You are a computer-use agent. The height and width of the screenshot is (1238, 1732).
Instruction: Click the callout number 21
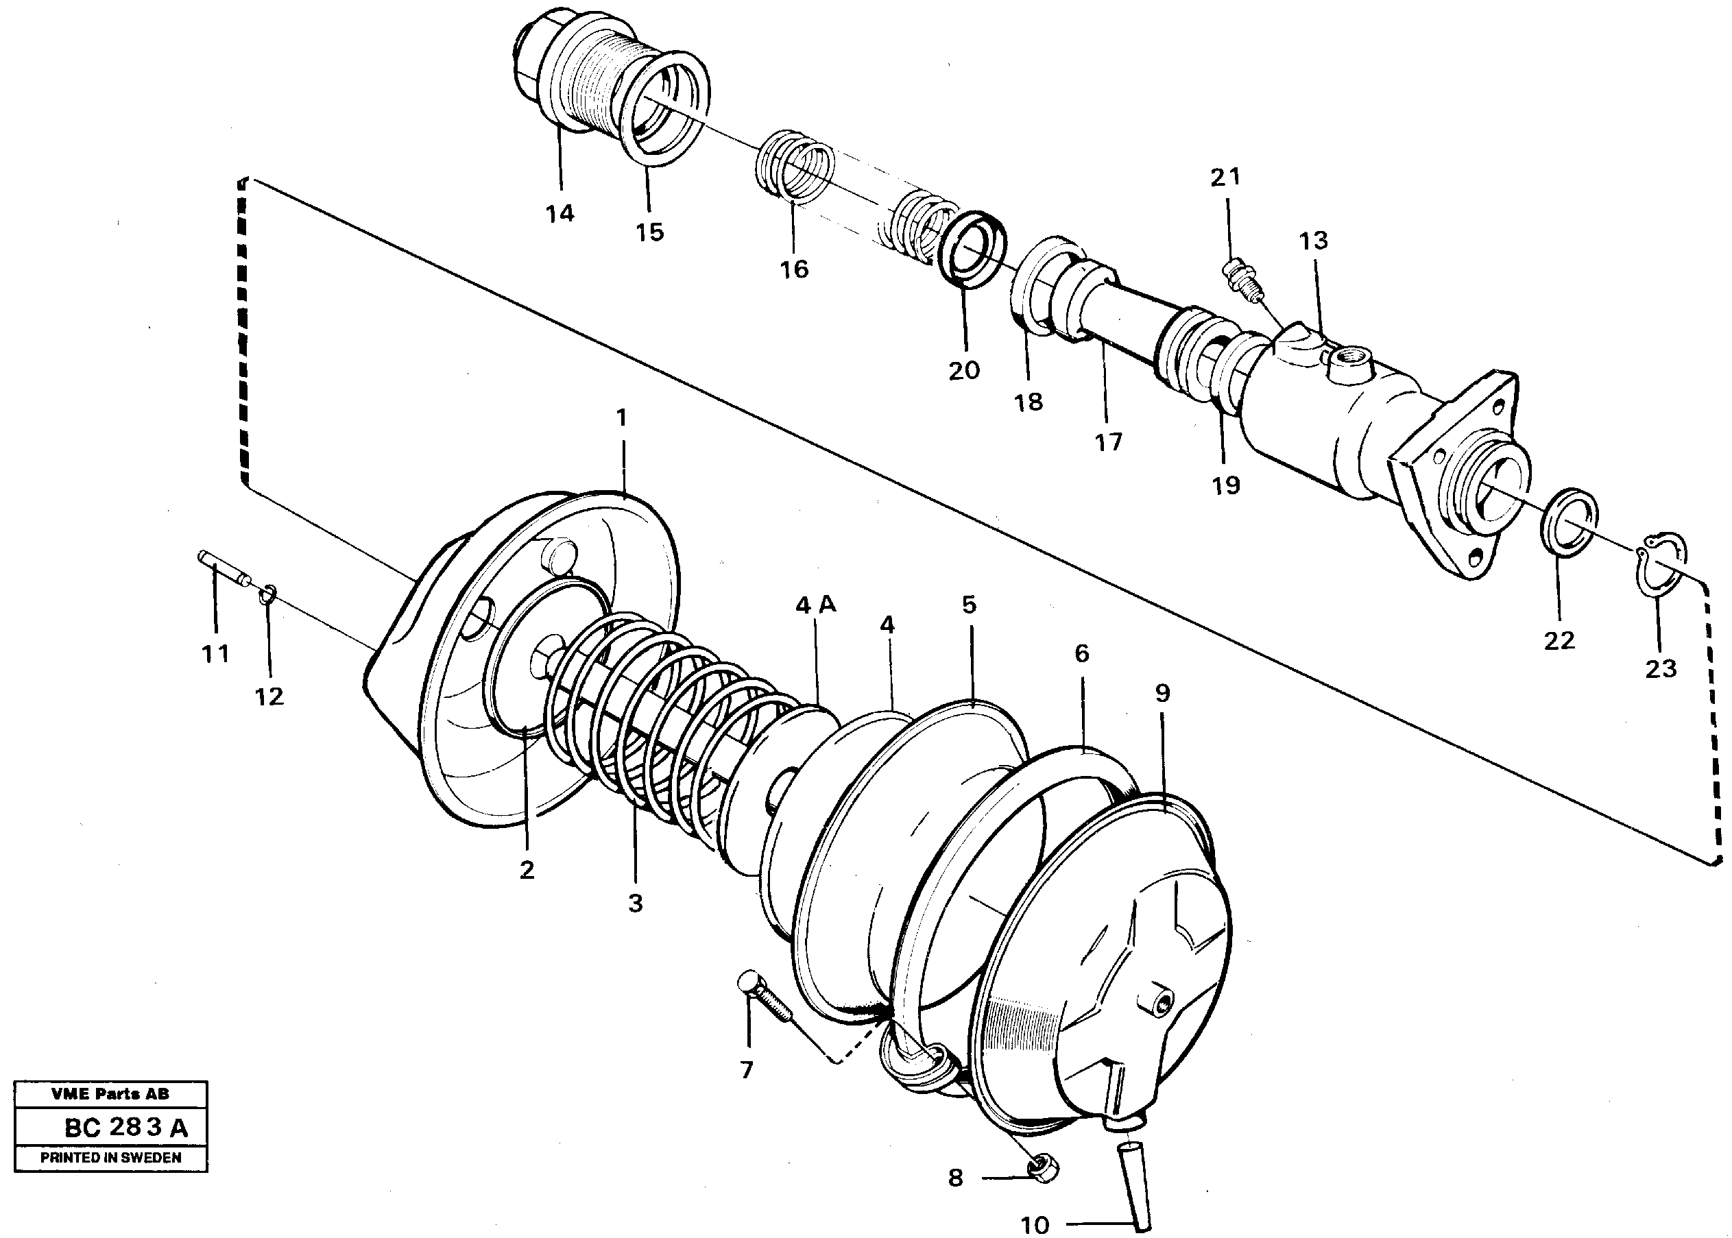click(1225, 177)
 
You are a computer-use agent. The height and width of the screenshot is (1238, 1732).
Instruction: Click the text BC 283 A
click(125, 1128)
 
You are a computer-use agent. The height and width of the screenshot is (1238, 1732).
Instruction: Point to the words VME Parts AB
click(110, 1094)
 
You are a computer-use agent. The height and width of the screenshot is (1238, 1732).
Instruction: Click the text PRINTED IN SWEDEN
click(110, 1158)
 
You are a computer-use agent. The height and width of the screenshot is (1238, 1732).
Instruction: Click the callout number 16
click(793, 268)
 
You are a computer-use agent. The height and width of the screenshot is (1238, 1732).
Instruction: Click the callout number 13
click(1314, 240)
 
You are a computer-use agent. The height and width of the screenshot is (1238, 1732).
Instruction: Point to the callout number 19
click(1226, 485)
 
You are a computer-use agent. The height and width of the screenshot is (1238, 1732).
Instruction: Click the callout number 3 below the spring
click(635, 903)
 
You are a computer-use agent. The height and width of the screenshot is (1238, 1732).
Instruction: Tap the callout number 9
click(1162, 693)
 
